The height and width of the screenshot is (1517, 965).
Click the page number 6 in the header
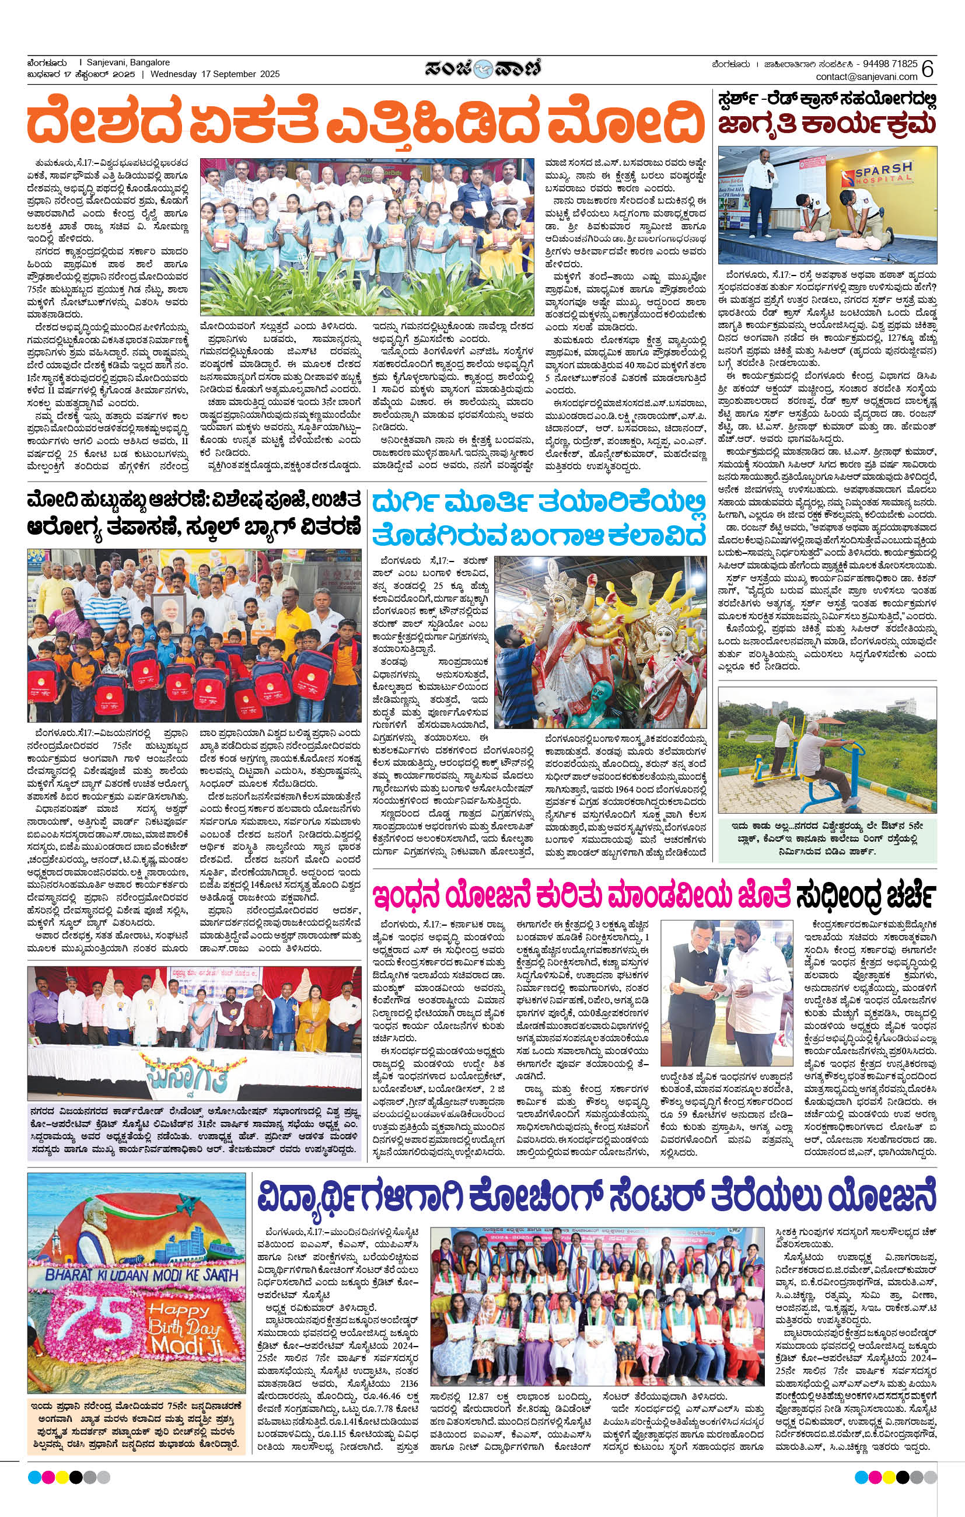click(927, 69)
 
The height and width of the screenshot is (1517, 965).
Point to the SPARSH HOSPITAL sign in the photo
click(883, 173)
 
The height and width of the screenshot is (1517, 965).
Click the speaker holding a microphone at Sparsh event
click(758, 183)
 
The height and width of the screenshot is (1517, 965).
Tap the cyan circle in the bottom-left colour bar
click(34, 1477)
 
